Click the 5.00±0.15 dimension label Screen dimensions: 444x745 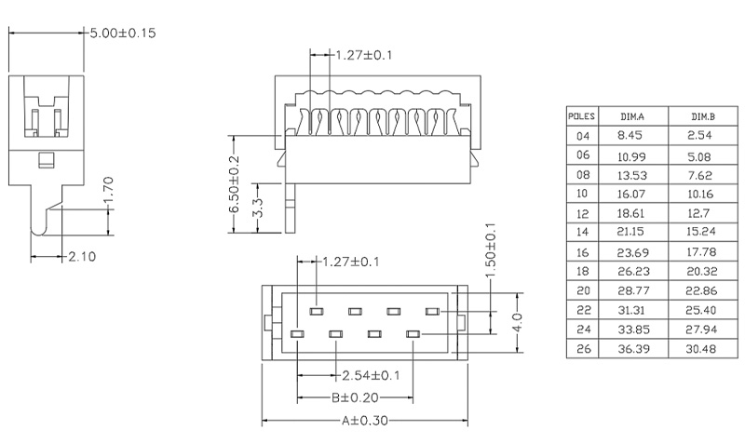click(121, 33)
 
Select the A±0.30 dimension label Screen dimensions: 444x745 click(365, 422)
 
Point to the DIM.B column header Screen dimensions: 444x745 click(702, 117)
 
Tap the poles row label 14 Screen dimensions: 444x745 click(583, 232)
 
